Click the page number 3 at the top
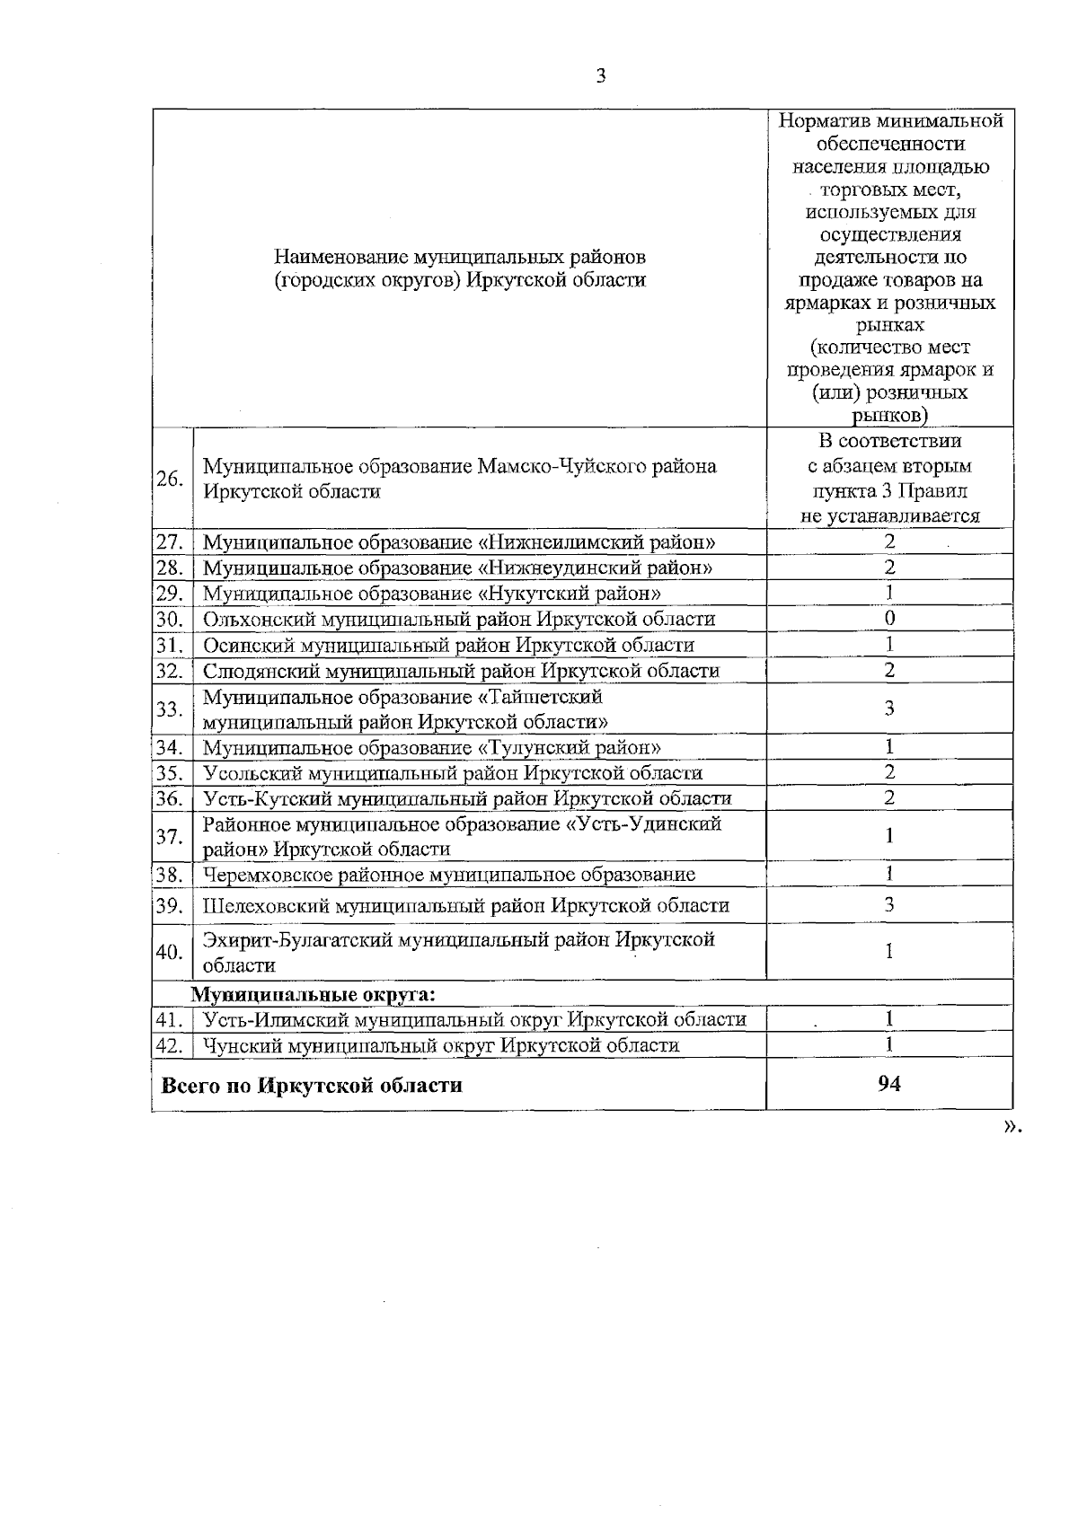tap(601, 76)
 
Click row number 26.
tap(170, 479)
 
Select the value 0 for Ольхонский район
tap(889, 619)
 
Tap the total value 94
tap(889, 1084)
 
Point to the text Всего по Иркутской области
tap(312, 1086)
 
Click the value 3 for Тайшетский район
tap(889, 709)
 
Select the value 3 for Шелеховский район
tap(889, 905)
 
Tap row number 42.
tap(170, 1045)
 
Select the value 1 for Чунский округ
tap(889, 1044)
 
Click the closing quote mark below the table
tap(1012, 1128)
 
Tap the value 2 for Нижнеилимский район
tap(889, 541)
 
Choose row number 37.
tap(170, 837)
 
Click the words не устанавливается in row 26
tap(889, 516)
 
